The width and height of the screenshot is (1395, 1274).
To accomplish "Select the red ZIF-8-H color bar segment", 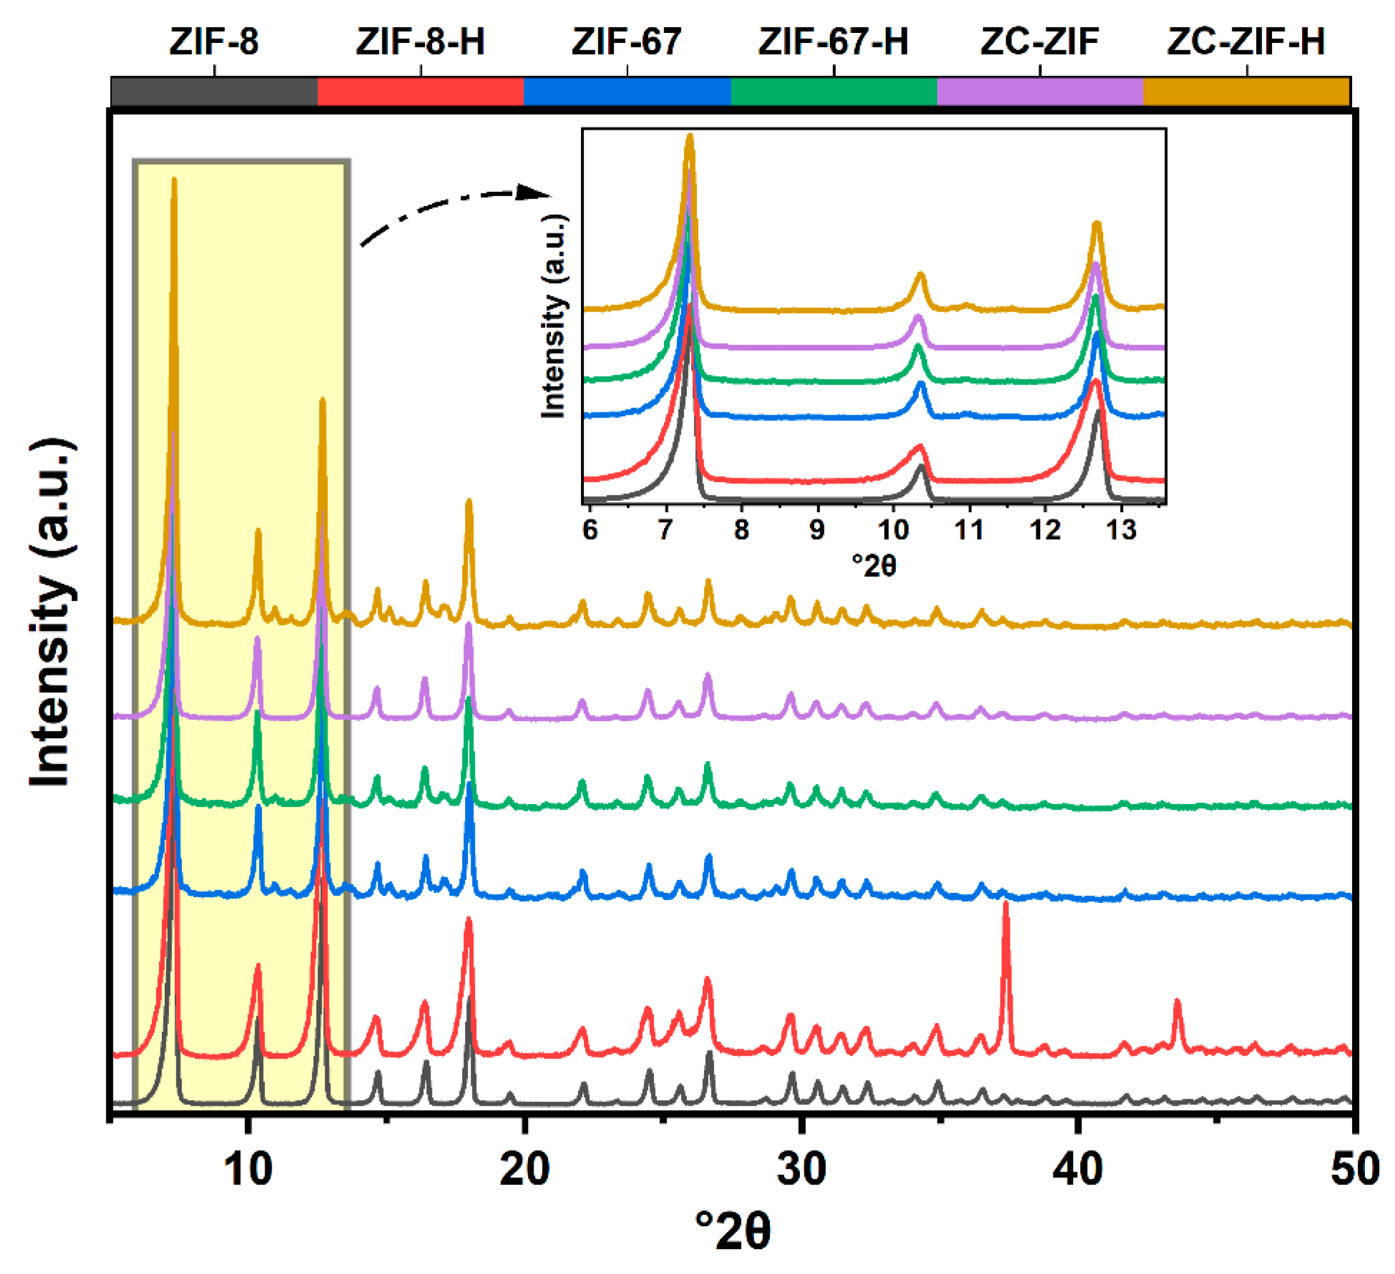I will pos(420,91).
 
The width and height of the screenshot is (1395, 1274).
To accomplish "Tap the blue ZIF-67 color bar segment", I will pos(627,91).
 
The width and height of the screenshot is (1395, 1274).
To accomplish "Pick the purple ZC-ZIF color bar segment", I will pos(1039,91).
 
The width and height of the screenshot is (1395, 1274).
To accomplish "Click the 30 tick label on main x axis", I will pos(801,1169).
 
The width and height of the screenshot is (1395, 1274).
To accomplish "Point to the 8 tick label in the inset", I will pos(741,531).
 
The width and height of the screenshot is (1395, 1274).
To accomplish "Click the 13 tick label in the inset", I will pos(1121,531).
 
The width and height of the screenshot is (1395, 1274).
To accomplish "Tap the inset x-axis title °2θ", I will pos(873,566).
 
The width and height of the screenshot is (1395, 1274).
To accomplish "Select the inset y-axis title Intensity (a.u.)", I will pos(553,316).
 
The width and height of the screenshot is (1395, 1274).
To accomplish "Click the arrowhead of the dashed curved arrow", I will pos(536,192).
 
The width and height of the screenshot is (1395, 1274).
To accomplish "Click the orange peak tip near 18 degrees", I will pos(469,502).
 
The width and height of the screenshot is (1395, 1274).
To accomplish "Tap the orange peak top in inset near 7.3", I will pos(689,136).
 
